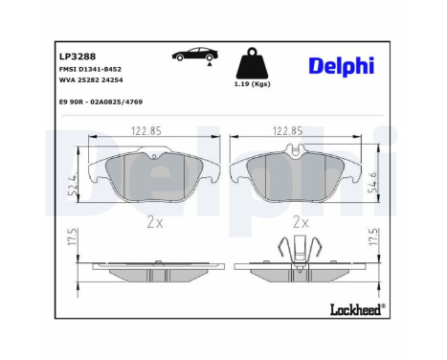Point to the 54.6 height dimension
tap(371, 178)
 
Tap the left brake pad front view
tap(153, 173)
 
